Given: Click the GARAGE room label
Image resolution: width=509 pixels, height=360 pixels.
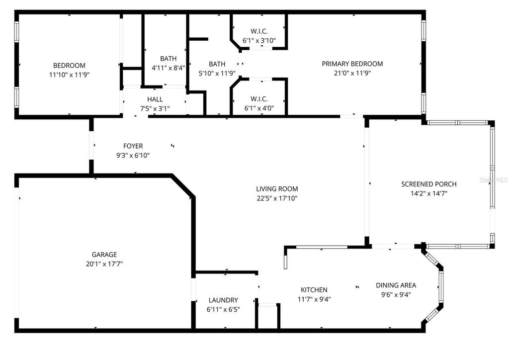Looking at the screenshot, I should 104,255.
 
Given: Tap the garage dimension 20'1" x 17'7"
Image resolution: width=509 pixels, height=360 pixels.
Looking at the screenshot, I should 104,264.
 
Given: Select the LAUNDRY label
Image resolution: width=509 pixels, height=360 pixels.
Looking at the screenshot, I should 223,300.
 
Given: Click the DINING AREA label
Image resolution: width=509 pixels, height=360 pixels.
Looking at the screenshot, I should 396,285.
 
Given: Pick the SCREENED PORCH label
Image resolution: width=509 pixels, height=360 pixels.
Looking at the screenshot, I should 428,184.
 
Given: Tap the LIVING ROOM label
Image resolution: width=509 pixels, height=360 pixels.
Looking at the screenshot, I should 277,189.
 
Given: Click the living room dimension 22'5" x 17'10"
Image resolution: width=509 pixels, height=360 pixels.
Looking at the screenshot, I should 277,198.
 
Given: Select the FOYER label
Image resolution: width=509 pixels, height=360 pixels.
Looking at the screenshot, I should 133,146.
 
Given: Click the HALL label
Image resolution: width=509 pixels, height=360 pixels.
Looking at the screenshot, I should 155,99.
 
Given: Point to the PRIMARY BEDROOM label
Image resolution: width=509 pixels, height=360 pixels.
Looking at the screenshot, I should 352,64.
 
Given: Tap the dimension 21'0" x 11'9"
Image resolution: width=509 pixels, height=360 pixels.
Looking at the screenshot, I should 352,73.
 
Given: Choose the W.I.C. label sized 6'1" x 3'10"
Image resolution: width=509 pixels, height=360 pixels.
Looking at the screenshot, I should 259,31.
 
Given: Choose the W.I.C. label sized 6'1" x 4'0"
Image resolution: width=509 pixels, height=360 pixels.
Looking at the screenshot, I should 259,98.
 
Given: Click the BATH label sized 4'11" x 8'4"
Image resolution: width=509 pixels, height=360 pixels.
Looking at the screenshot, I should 168,59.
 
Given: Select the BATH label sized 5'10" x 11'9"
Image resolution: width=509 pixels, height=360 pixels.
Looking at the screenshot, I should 217,64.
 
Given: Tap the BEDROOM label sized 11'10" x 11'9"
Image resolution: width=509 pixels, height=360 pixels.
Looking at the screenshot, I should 69,66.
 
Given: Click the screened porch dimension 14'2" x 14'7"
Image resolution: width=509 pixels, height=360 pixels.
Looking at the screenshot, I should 428,194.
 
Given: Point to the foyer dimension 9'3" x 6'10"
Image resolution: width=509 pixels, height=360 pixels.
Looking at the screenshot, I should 133,156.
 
